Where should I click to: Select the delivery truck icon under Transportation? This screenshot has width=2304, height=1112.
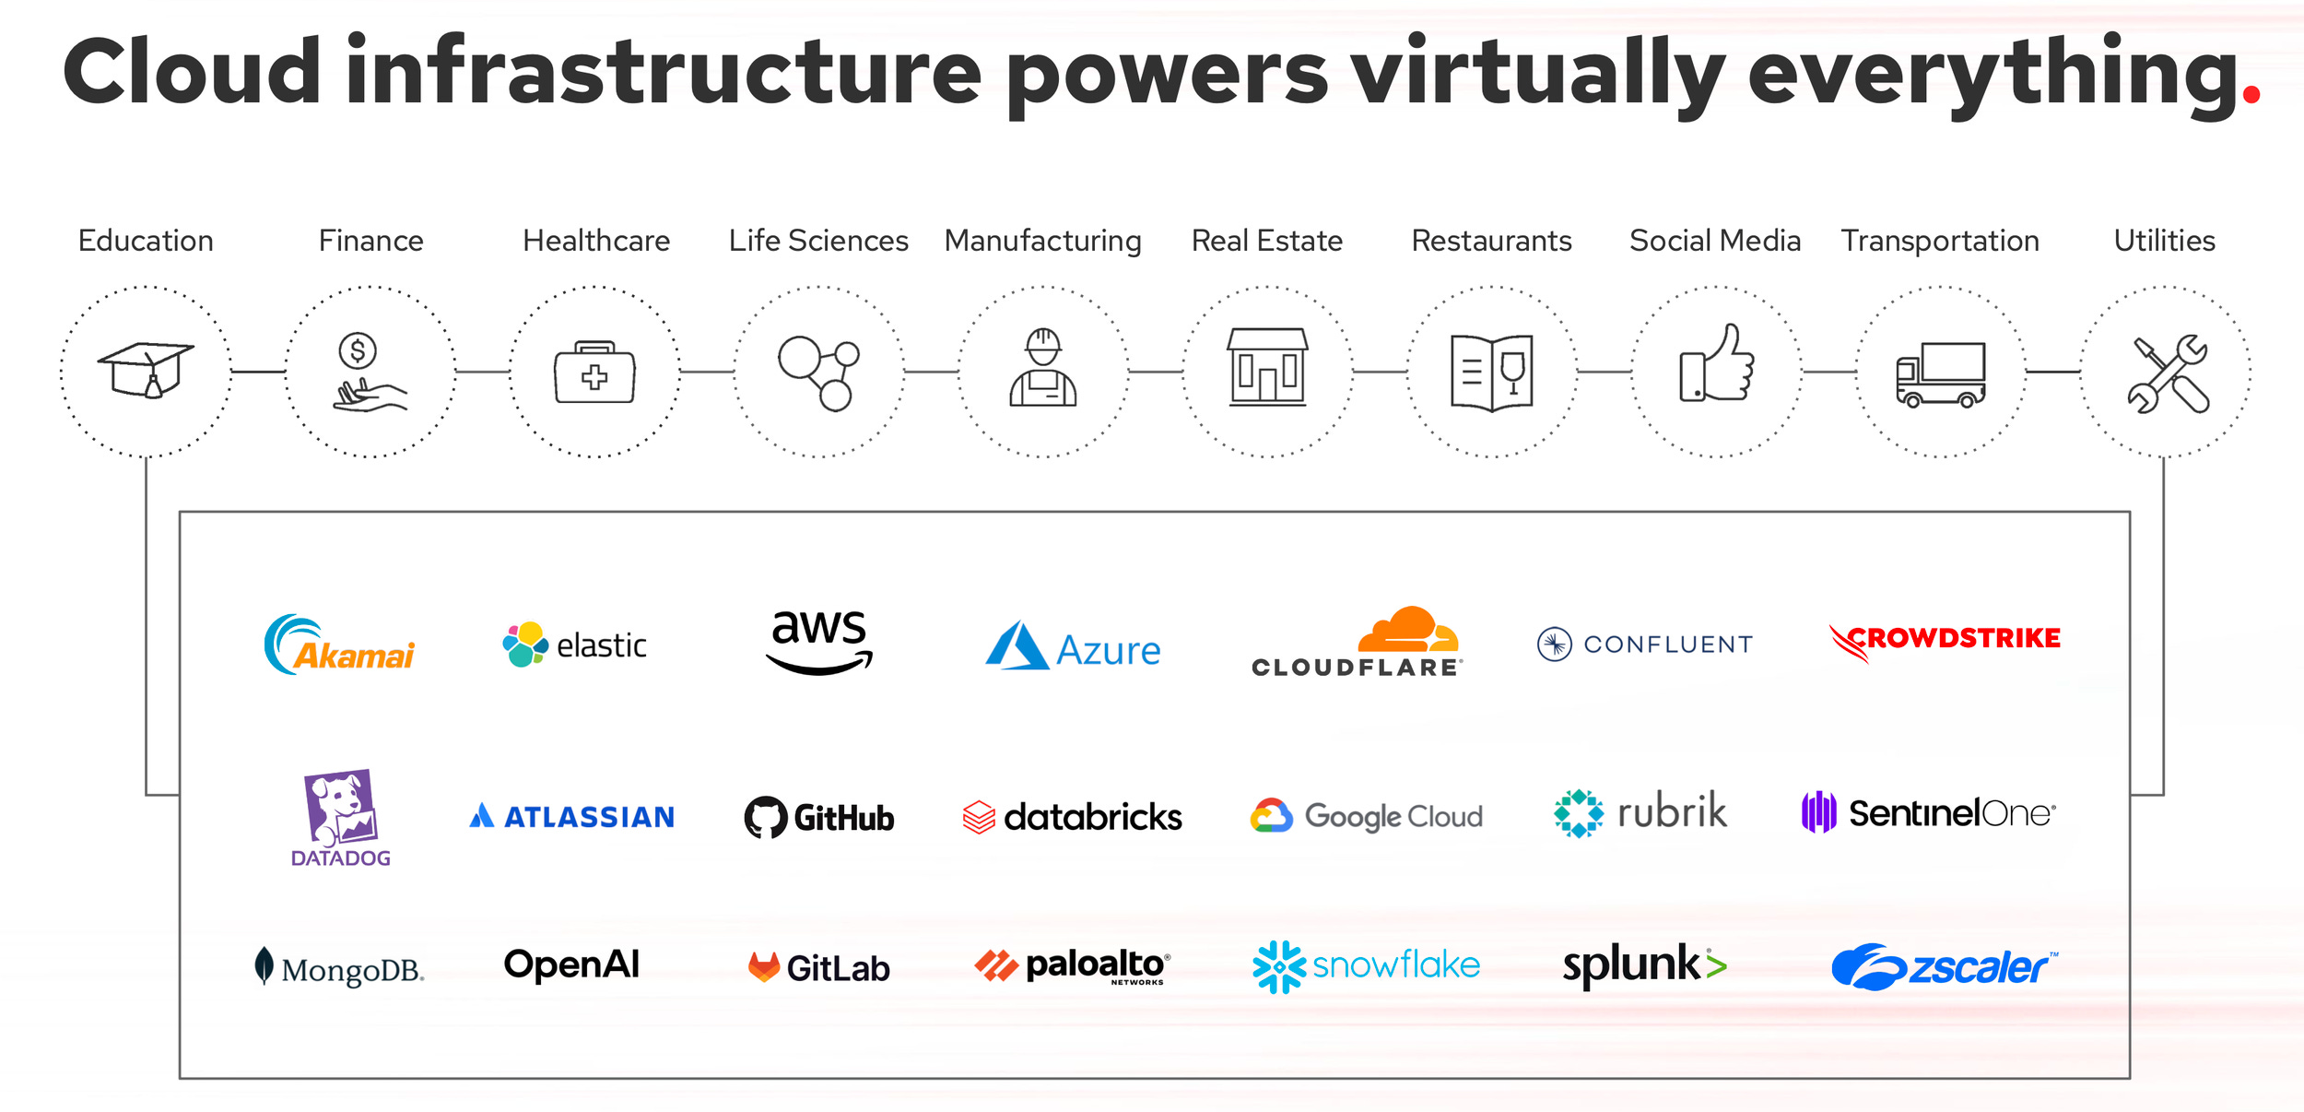click(1940, 374)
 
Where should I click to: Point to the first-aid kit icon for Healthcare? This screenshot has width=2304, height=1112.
click(594, 373)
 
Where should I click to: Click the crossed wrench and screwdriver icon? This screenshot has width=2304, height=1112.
click(2167, 373)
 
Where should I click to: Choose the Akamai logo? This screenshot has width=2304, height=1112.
click(339, 645)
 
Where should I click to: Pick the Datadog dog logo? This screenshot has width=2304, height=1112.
click(340, 816)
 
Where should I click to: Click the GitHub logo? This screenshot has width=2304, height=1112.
click(819, 817)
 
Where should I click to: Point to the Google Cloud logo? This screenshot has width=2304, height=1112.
click(1366, 816)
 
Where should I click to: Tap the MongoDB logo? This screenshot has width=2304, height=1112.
click(339, 967)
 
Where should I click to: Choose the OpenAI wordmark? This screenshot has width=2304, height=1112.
click(571, 964)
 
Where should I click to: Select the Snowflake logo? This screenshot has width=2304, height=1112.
click(1366, 965)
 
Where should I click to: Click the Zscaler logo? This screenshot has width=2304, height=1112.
click(1944, 966)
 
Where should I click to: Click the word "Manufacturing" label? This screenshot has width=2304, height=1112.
click(1042, 241)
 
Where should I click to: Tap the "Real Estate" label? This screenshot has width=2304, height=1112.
click(1266, 241)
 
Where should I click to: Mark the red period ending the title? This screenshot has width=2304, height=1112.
click(2251, 94)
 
